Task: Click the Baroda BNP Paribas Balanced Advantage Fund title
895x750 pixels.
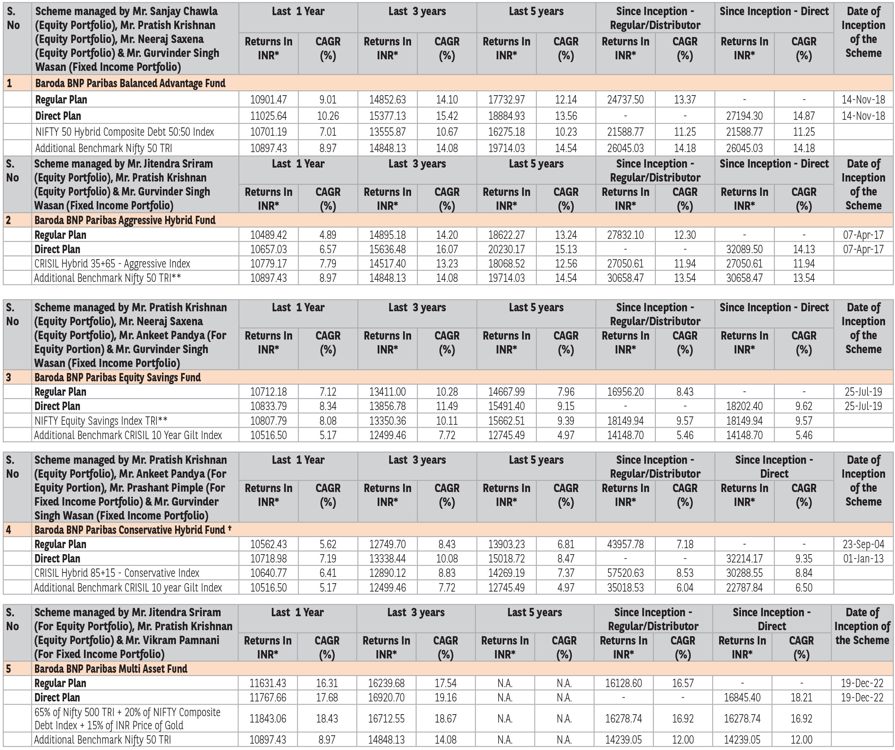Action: tap(130, 83)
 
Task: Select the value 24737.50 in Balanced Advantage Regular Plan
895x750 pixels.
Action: tap(625, 100)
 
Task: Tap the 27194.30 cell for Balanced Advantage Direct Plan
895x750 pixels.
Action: tap(744, 116)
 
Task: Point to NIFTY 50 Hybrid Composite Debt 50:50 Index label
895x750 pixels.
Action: tap(125, 132)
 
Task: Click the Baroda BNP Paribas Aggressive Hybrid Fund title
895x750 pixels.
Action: tap(125, 220)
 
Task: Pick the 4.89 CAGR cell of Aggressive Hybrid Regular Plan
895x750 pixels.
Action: tap(328, 235)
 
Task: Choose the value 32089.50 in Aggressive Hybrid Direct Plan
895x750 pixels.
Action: tap(744, 250)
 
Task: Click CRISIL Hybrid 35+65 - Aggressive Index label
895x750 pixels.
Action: tap(112, 264)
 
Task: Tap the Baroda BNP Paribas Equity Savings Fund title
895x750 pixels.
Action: tap(118, 377)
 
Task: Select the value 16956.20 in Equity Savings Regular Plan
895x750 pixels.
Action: tap(625, 392)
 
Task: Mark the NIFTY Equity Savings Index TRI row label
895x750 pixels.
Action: tap(101, 421)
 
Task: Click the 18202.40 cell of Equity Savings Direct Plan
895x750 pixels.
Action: tap(744, 406)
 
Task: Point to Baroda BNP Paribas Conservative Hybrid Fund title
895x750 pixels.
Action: tap(130, 530)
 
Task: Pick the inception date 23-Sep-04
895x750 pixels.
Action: tap(863, 545)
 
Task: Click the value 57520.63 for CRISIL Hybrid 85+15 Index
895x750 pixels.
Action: tap(625, 573)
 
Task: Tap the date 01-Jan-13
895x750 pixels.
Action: tap(863, 559)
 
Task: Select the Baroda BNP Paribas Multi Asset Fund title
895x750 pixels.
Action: tap(111, 668)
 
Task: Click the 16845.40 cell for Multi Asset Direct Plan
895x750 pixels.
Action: tap(742, 697)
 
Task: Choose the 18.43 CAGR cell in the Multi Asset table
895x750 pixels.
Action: tap(327, 719)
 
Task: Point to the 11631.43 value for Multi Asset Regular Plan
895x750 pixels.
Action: tap(268, 684)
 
